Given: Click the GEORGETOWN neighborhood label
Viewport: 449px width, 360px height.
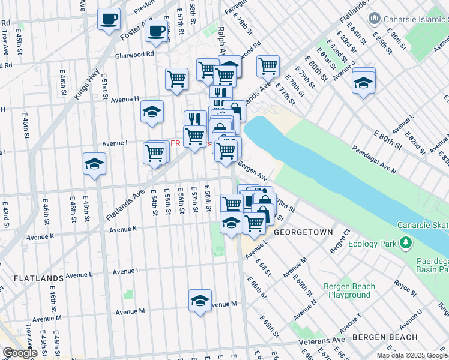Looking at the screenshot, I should point(303,232).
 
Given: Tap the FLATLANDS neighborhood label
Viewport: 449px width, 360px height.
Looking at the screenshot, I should point(38,278).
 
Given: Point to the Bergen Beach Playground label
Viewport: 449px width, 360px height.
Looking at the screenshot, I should point(349,290).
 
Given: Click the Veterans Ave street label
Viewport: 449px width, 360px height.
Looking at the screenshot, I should point(323,340).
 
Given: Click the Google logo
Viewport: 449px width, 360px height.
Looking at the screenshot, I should point(20,353).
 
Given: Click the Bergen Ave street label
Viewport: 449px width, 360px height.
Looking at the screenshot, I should point(252,170).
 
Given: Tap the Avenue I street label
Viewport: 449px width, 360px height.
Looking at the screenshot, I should point(114,143).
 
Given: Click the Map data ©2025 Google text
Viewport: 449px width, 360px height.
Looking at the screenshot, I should point(411,355).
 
